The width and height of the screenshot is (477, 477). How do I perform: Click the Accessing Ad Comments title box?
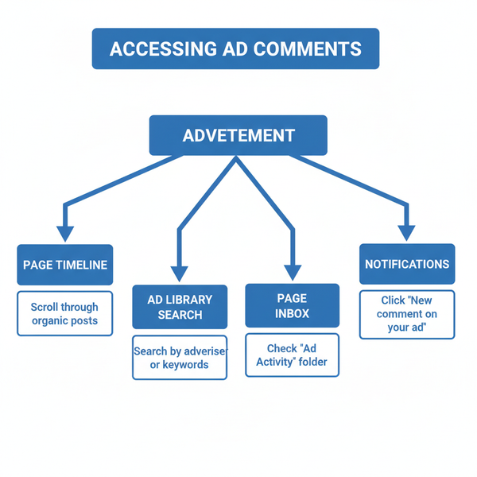235,48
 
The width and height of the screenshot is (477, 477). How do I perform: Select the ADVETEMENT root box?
238,135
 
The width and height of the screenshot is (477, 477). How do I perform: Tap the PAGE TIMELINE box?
65,265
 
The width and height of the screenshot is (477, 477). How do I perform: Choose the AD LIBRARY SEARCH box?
180,307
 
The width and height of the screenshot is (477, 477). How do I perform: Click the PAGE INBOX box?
292,305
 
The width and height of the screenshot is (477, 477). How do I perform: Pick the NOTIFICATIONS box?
407,264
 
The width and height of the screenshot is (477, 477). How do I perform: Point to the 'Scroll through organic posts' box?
65,313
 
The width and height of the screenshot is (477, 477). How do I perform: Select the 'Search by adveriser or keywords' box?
180,358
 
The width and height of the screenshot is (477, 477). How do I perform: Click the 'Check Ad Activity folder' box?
292,355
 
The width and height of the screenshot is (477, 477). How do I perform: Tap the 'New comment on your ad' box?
407,314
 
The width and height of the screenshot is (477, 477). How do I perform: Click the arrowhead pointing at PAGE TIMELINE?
65,232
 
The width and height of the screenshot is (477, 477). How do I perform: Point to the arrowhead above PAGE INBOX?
292,273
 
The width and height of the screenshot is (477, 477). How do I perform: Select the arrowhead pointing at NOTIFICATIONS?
407,232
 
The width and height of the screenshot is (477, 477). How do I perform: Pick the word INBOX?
292,313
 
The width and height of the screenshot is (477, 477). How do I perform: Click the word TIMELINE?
81,265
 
